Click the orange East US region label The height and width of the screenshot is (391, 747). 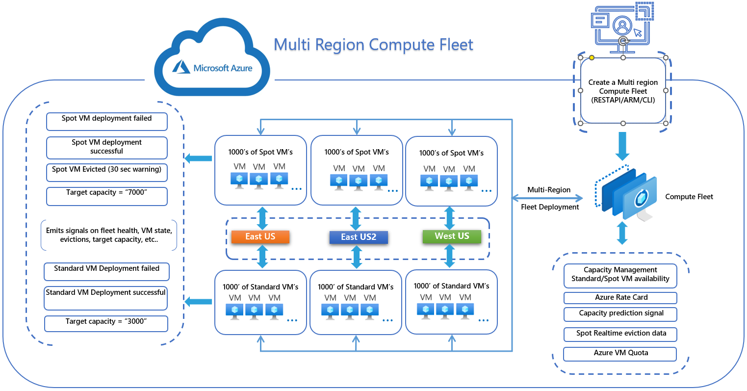(x=260, y=237)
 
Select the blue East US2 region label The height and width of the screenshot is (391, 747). (x=358, y=237)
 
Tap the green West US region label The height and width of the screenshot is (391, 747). (x=451, y=236)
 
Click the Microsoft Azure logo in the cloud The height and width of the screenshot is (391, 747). (x=212, y=68)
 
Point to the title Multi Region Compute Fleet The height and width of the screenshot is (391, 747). (x=373, y=45)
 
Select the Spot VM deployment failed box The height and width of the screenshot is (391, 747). (x=106, y=121)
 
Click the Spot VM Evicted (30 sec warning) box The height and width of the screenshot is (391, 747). (x=106, y=172)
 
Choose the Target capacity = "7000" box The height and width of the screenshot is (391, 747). (x=106, y=196)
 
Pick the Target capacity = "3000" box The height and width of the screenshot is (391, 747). (x=106, y=323)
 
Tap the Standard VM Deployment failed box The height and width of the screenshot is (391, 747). (x=106, y=271)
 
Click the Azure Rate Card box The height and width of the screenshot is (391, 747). (x=620, y=298)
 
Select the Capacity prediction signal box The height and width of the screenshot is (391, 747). (x=620, y=313)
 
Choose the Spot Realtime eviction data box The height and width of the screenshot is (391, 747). (x=620, y=334)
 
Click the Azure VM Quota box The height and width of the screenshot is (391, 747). (x=620, y=353)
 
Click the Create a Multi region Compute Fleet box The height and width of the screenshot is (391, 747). (x=623, y=91)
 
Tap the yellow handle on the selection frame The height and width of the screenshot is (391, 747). (x=592, y=58)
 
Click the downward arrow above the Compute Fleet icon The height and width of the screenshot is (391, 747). (x=622, y=146)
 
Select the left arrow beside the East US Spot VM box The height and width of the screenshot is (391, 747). (x=198, y=158)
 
